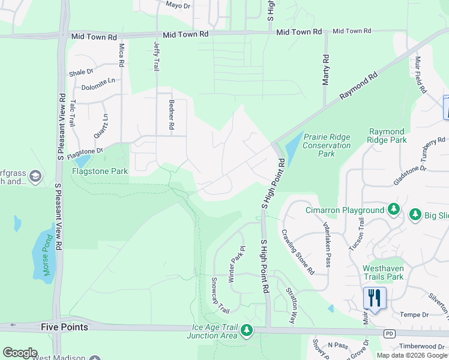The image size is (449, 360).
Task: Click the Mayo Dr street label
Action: tap(178, 5)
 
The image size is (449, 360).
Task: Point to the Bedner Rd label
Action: tap(171, 115)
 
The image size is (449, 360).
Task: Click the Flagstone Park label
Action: tap(100, 171)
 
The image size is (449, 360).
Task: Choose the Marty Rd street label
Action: tap(326, 70)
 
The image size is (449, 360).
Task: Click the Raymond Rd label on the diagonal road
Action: tap(358, 86)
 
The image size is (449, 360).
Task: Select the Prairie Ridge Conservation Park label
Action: tap(327, 145)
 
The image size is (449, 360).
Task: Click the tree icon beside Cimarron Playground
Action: tap(393, 209)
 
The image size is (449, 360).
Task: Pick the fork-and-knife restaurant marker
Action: tap(374, 298)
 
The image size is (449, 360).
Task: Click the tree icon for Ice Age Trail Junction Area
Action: tap(246, 330)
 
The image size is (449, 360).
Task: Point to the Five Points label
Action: tap(64, 327)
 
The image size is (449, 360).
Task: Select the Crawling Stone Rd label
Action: tap(300, 251)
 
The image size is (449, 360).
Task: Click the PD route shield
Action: tap(390, 332)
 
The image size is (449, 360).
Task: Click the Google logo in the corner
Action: tap(20, 353)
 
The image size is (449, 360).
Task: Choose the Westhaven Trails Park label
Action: tap(391, 272)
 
